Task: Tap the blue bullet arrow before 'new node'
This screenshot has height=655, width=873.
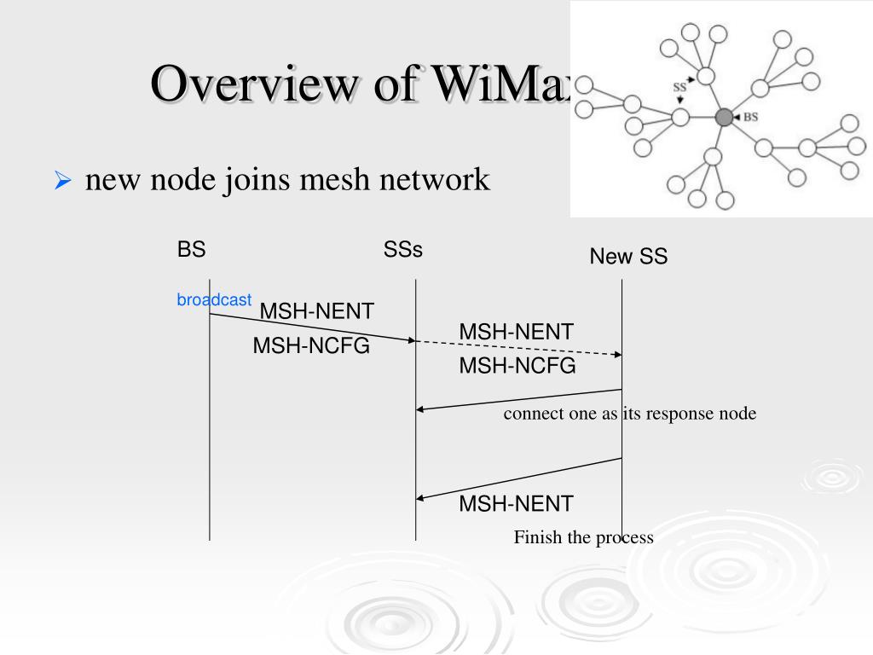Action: click(61, 181)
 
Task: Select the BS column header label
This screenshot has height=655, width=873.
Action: click(192, 250)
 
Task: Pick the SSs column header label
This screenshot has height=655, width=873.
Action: click(403, 250)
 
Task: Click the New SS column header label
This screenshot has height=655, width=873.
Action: click(628, 256)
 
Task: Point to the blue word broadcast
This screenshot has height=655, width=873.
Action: click(214, 299)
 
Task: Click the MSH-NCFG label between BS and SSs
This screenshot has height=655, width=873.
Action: click(311, 346)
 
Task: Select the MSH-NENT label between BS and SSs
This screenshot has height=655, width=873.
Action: click(316, 311)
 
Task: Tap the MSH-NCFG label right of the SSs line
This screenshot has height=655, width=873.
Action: click(517, 366)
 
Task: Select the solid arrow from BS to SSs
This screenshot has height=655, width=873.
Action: click(312, 327)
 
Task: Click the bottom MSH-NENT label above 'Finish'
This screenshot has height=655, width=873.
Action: click(516, 503)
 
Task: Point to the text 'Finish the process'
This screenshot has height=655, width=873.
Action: click(583, 537)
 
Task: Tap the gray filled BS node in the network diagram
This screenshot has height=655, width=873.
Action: click(724, 117)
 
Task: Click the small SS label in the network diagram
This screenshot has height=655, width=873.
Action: click(679, 86)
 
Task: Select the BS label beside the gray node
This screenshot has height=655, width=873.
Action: click(750, 117)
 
